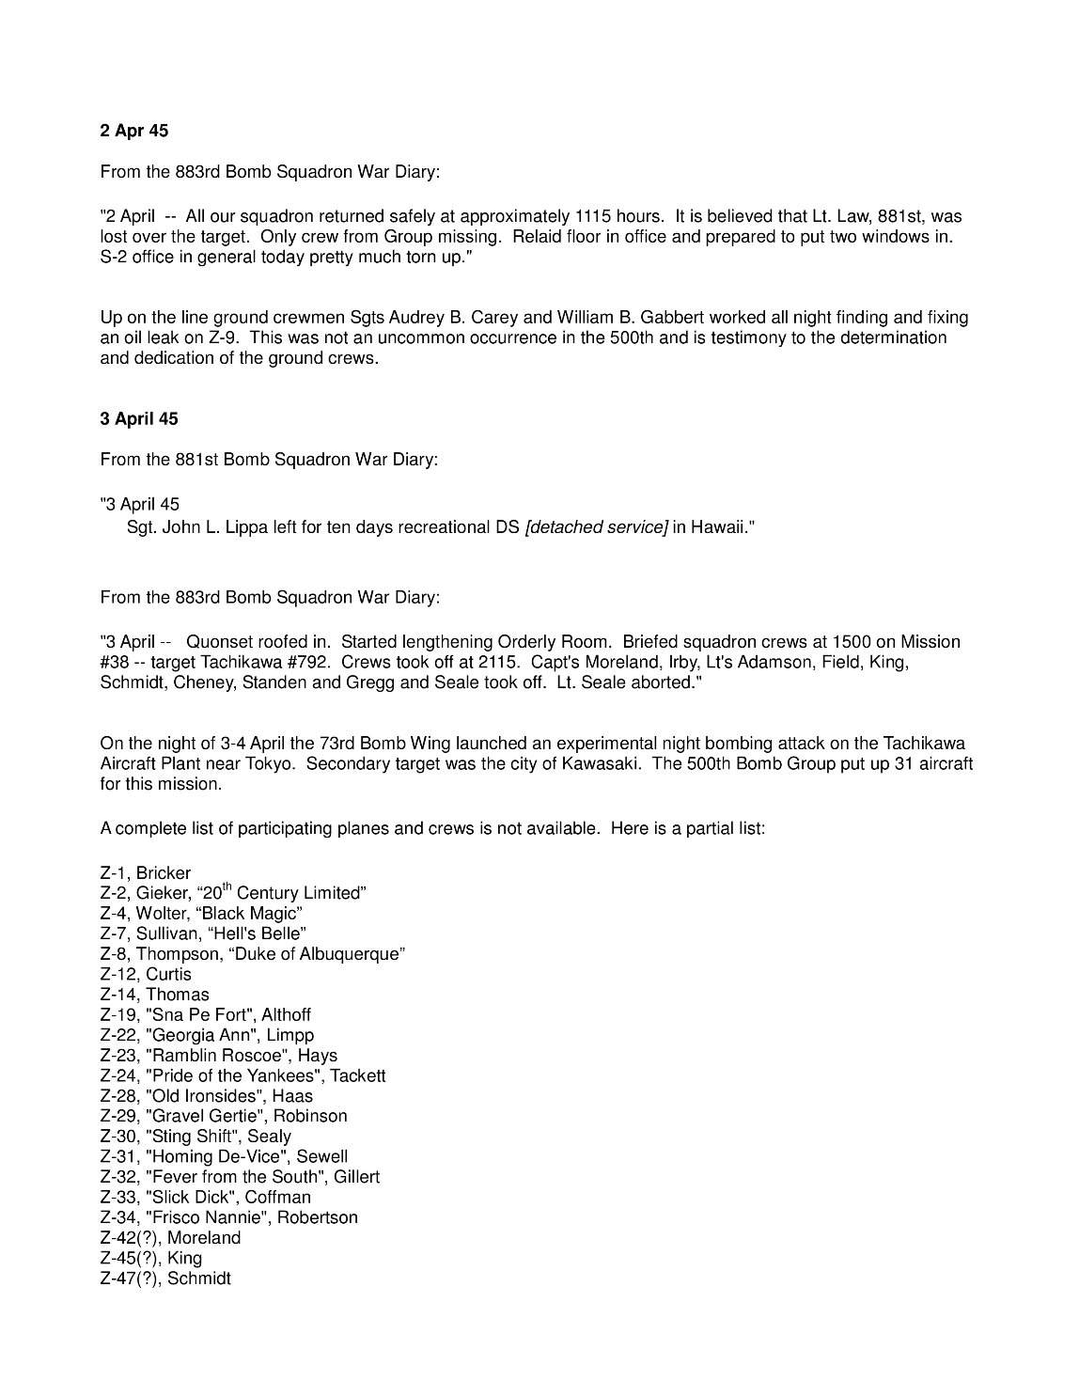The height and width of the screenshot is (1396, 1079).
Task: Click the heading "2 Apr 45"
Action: coord(134,131)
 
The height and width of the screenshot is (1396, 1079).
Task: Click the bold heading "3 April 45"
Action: coord(139,418)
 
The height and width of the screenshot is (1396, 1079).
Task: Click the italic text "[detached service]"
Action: coord(596,526)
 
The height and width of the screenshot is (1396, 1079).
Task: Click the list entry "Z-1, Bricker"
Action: coord(146,872)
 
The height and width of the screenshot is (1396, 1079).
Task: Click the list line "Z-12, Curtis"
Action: coord(146,974)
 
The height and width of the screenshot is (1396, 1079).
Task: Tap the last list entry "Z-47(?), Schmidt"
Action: coord(165,1278)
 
